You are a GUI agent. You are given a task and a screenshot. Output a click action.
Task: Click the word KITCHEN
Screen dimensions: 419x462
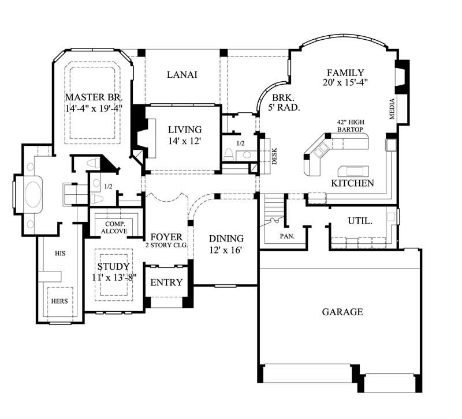pos(352,183)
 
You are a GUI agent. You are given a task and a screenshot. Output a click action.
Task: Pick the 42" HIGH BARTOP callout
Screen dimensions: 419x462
pos(351,126)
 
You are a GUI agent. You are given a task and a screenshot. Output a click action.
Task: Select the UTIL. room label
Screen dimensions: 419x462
pos(359,221)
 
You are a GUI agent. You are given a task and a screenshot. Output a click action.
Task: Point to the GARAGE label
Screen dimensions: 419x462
pos(342,312)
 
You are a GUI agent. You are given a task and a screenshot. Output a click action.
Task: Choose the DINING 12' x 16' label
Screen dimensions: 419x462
pos(226,244)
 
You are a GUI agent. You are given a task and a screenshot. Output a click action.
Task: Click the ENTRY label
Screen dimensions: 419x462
pos(166,282)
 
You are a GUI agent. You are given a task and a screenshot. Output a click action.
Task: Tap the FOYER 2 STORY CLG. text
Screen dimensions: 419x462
pos(167,240)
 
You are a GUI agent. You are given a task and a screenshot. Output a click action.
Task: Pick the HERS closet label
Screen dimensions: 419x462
pos(59,300)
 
